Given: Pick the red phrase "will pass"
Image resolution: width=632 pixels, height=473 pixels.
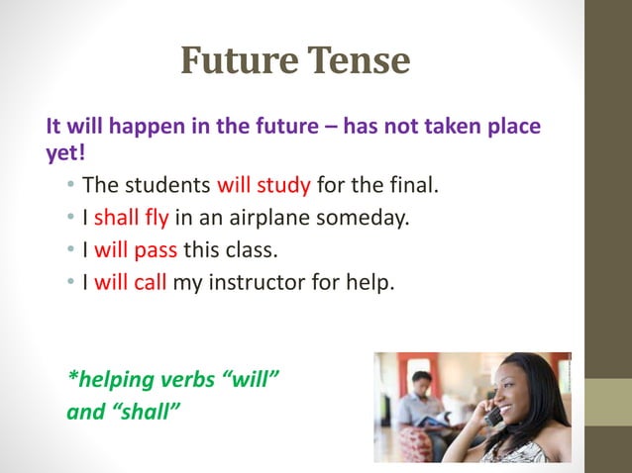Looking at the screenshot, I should click(x=136, y=249).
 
